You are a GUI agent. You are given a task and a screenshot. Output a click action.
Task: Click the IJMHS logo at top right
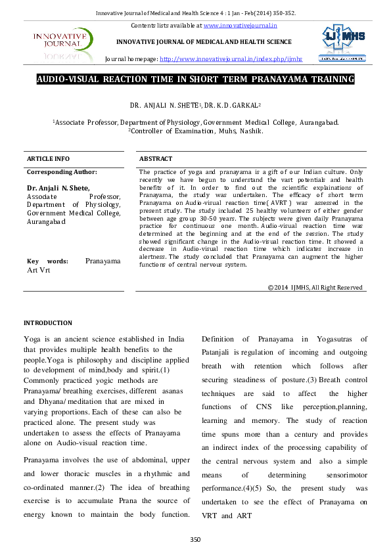[x=342, y=43]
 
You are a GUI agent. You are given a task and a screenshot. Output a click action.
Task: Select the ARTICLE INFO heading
[x=48, y=159]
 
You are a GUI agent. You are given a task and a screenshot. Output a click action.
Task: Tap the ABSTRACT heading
[x=156, y=159]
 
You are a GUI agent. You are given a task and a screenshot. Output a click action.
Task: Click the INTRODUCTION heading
[x=48, y=323]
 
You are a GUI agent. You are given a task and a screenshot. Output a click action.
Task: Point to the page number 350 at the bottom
[x=195, y=539]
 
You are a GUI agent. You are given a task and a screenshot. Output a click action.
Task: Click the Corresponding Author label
[x=62, y=172]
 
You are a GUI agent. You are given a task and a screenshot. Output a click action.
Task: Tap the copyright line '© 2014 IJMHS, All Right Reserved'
[x=315, y=288]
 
